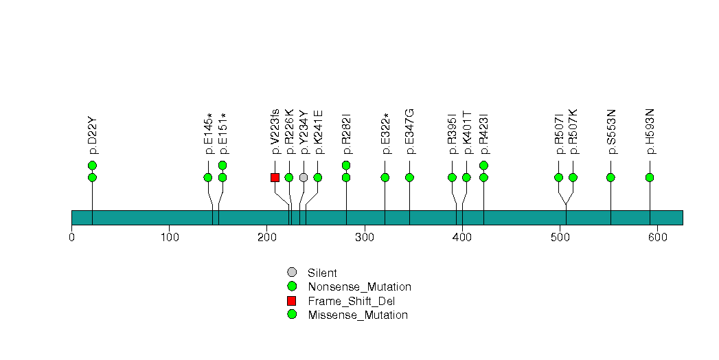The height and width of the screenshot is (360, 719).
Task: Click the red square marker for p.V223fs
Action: tap(275, 177)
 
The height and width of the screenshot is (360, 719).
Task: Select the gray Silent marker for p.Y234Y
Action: tap(304, 177)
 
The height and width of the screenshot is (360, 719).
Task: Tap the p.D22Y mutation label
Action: tap(93, 135)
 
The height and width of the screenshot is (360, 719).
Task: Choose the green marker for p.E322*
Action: tap(385, 177)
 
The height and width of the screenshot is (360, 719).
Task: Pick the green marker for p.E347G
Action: tap(409, 177)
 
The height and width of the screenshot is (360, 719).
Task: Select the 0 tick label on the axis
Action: tap(71, 238)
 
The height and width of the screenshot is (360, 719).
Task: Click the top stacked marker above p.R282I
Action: tap(346, 165)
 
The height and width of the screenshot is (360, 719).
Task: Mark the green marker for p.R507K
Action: tap(573, 177)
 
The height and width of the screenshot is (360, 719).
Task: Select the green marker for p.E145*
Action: tap(208, 177)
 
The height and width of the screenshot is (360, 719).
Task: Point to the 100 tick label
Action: tap(169, 238)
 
